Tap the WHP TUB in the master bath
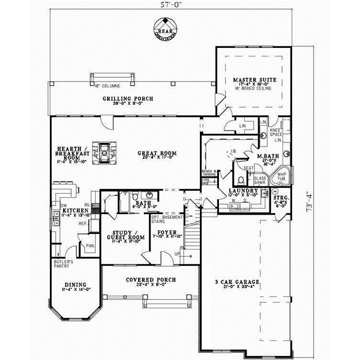click(x=281, y=176)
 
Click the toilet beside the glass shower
click(x=241, y=179)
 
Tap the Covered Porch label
click(x=149, y=280)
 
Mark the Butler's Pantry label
click(x=64, y=265)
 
